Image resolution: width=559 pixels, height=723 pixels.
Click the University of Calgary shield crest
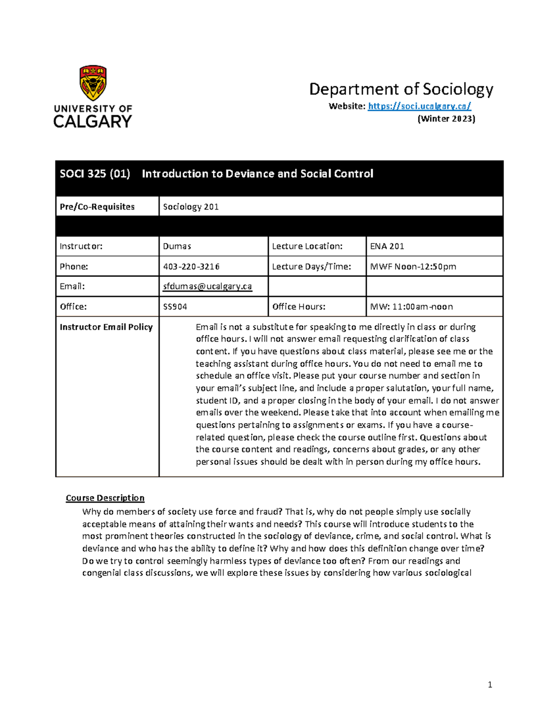(93, 82)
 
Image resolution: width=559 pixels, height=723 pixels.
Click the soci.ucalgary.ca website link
(419, 106)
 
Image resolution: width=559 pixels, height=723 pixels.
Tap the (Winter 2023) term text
(446, 119)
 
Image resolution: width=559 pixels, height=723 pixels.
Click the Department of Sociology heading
(401, 89)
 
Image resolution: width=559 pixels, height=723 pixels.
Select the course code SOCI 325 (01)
(95, 174)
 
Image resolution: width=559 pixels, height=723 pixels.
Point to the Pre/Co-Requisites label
(97, 207)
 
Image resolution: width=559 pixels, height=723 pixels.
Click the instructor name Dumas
(177, 246)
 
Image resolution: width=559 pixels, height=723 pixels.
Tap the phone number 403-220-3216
(191, 267)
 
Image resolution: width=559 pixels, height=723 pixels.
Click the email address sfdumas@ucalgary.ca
(207, 286)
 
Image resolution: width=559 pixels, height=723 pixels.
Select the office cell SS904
(175, 307)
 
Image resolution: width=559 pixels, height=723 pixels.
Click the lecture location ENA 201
(387, 246)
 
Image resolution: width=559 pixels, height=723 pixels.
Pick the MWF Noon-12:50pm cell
(413, 267)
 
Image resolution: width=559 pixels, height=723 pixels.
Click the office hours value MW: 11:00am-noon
(411, 307)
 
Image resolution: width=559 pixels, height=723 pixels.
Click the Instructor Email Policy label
(106, 327)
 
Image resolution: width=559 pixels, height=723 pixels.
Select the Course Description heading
(105, 498)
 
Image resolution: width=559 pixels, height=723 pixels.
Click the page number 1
(490, 684)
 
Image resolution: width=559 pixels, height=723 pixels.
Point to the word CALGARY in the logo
(93, 122)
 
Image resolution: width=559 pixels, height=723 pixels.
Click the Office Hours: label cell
(299, 307)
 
